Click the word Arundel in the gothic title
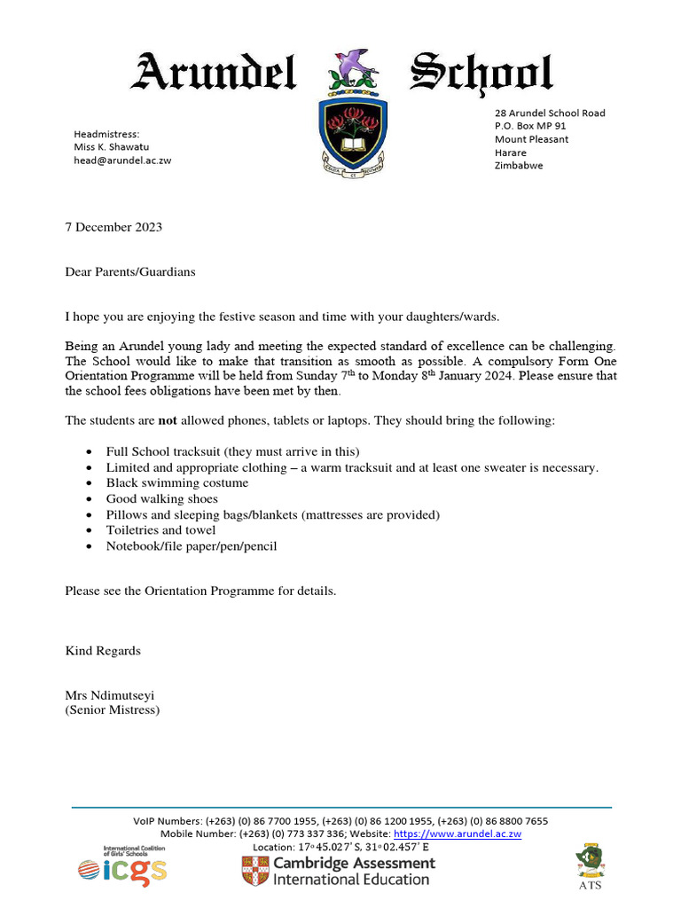pos(213,74)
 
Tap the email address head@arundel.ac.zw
pos(121,160)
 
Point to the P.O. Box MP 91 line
pos(530,126)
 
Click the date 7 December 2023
pos(113,227)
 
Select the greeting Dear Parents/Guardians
pos(129,272)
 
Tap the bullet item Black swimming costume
pos(176,483)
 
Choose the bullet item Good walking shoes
pos(161,499)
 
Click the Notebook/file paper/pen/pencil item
pos(191,546)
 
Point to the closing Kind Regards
pos(103,651)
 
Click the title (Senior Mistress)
pos(112,710)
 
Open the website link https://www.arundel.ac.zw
pos(457,834)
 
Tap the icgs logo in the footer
pos(122,867)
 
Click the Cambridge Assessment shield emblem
pos(254,871)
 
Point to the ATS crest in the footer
pos(590,860)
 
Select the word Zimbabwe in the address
pos(519,166)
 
